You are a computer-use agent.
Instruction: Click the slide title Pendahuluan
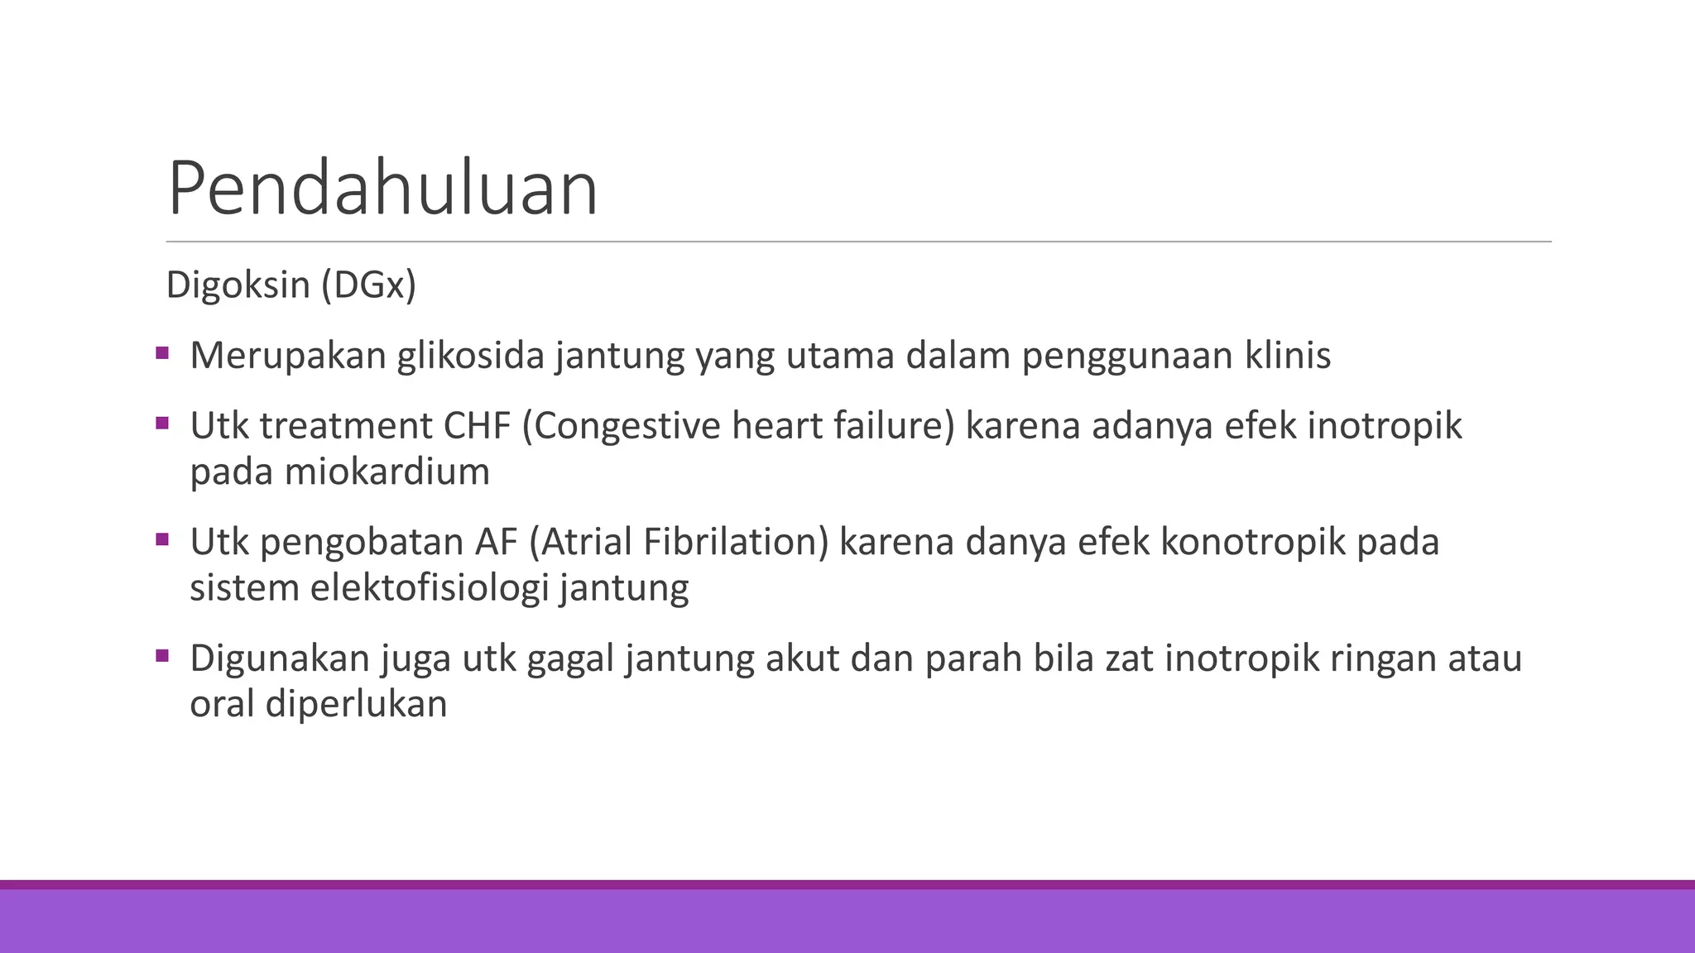(382, 189)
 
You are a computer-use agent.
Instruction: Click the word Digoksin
(238, 285)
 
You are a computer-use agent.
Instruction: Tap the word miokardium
(387, 472)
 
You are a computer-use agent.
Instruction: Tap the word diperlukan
(356, 704)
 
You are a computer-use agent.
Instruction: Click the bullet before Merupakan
(161, 354)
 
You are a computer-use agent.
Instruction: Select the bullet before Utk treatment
(161, 424)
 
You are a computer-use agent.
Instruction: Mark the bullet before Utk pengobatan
(161, 540)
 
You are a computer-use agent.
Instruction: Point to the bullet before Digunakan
(161, 657)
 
